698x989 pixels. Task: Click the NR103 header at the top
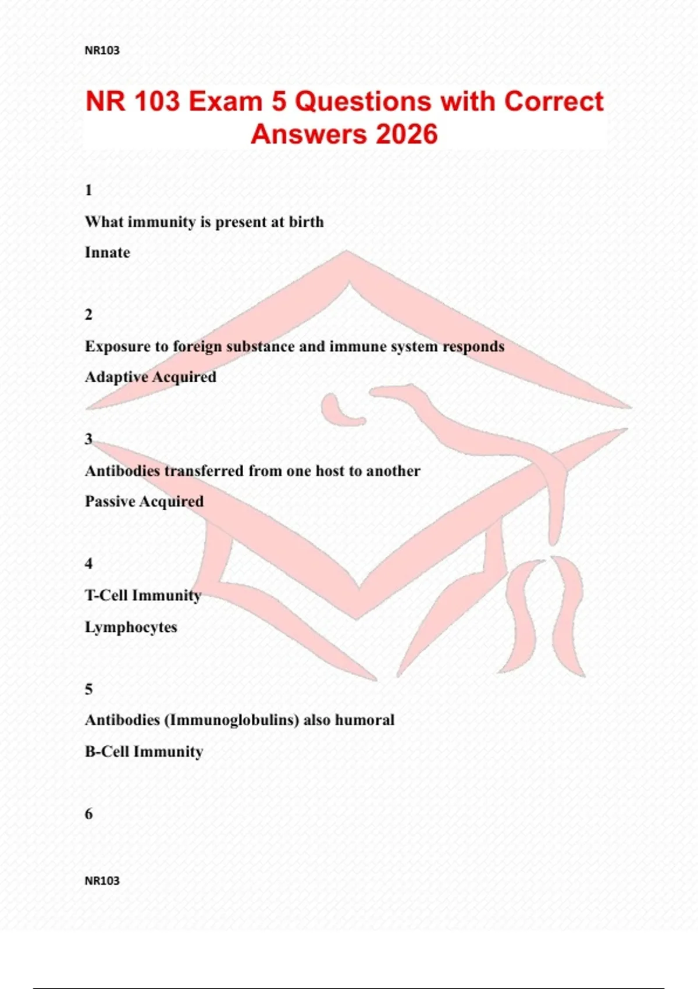pyautogui.click(x=102, y=51)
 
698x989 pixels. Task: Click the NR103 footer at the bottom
pyautogui.click(x=102, y=881)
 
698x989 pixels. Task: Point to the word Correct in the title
pyautogui.click(x=554, y=101)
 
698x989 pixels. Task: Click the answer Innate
pyautogui.click(x=108, y=252)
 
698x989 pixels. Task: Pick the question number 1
pyautogui.click(x=88, y=190)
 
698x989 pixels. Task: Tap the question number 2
pyautogui.click(x=88, y=315)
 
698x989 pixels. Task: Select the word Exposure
pyautogui.click(x=117, y=347)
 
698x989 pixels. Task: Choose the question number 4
pyautogui.click(x=88, y=564)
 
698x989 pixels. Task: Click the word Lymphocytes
pyautogui.click(x=131, y=628)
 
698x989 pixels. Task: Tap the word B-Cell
pyautogui.click(x=107, y=752)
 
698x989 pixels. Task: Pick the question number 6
pyautogui.click(x=88, y=814)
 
